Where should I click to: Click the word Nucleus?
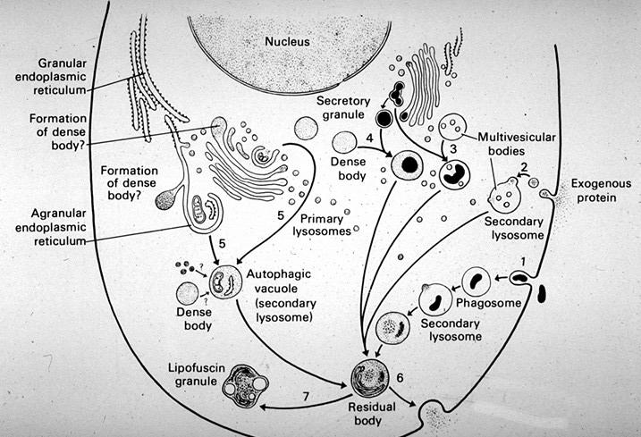pos(287,41)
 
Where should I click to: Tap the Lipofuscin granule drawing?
pos(245,386)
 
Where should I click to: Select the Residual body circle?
pos(370,379)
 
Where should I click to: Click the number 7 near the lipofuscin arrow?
pos(306,396)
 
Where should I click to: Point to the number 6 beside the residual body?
pos(400,378)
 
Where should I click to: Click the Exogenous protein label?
pos(601,190)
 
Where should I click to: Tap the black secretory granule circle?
pos(384,118)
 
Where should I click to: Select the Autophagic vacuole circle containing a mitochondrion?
pos(225,282)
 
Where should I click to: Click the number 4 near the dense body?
pos(369,139)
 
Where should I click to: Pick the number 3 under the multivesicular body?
pos(453,149)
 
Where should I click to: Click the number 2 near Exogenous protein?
pos(525,167)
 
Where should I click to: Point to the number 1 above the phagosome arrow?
pos(523,261)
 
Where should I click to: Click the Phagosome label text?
pos(488,303)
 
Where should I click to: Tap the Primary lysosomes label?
pos(322,225)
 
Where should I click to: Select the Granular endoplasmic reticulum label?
pos(51,77)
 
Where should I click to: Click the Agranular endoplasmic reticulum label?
pos(51,227)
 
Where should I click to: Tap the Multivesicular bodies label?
pos(517,144)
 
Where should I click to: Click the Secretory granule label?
pos(343,107)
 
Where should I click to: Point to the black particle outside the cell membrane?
pos(542,293)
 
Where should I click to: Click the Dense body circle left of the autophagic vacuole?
pos(188,293)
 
